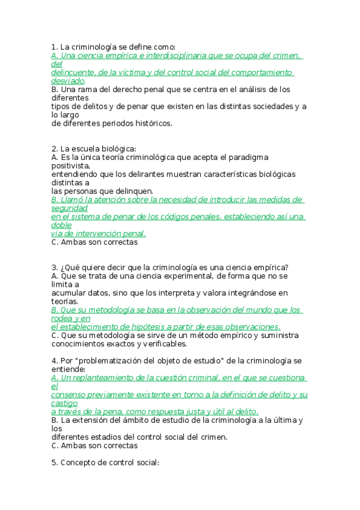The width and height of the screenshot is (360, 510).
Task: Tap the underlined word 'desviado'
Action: (68, 81)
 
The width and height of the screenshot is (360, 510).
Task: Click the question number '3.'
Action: (55, 267)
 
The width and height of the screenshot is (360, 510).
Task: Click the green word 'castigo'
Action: (65, 403)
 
